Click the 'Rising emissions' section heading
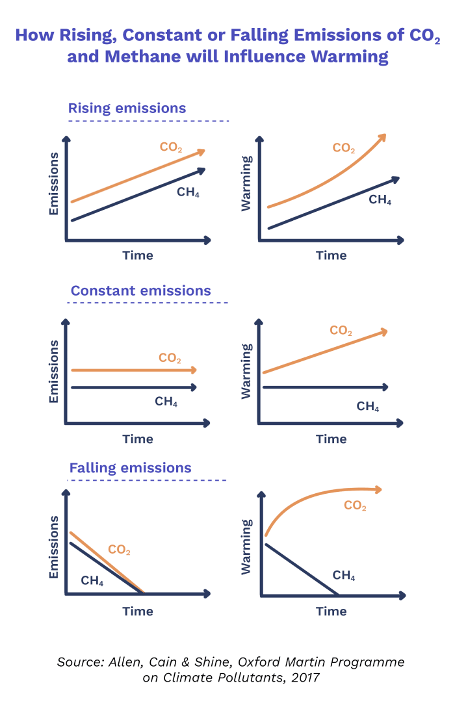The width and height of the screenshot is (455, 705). [127, 109]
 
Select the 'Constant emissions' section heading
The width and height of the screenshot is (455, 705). [140, 290]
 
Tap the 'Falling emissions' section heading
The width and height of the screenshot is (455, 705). [130, 468]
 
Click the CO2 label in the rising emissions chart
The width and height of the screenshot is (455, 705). [171, 147]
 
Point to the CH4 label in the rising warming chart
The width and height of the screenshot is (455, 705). [380, 199]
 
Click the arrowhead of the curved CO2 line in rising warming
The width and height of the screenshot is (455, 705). [382, 137]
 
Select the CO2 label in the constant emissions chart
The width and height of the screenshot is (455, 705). [170, 358]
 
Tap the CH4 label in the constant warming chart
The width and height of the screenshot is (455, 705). [367, 407]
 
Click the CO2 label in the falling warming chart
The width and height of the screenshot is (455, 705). [355, 506]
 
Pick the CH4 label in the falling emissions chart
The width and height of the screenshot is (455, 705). [92, 581]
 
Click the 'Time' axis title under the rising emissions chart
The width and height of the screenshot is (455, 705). [138, 255]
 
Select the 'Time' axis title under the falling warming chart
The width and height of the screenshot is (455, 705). [331, 611]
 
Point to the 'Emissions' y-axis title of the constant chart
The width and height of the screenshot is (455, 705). [54, 371]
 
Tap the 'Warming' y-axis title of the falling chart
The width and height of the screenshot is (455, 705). [246, 546]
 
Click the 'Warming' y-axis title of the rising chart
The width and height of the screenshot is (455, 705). [246, 184]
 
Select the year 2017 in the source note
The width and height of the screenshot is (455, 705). [305, 678]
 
